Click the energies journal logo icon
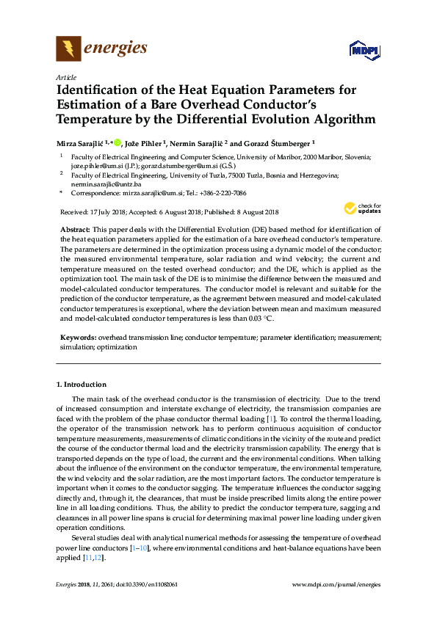[68, 49]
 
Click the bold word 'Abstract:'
[75, 230]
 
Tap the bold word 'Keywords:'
[78, 338]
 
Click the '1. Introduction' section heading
[82, 385]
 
